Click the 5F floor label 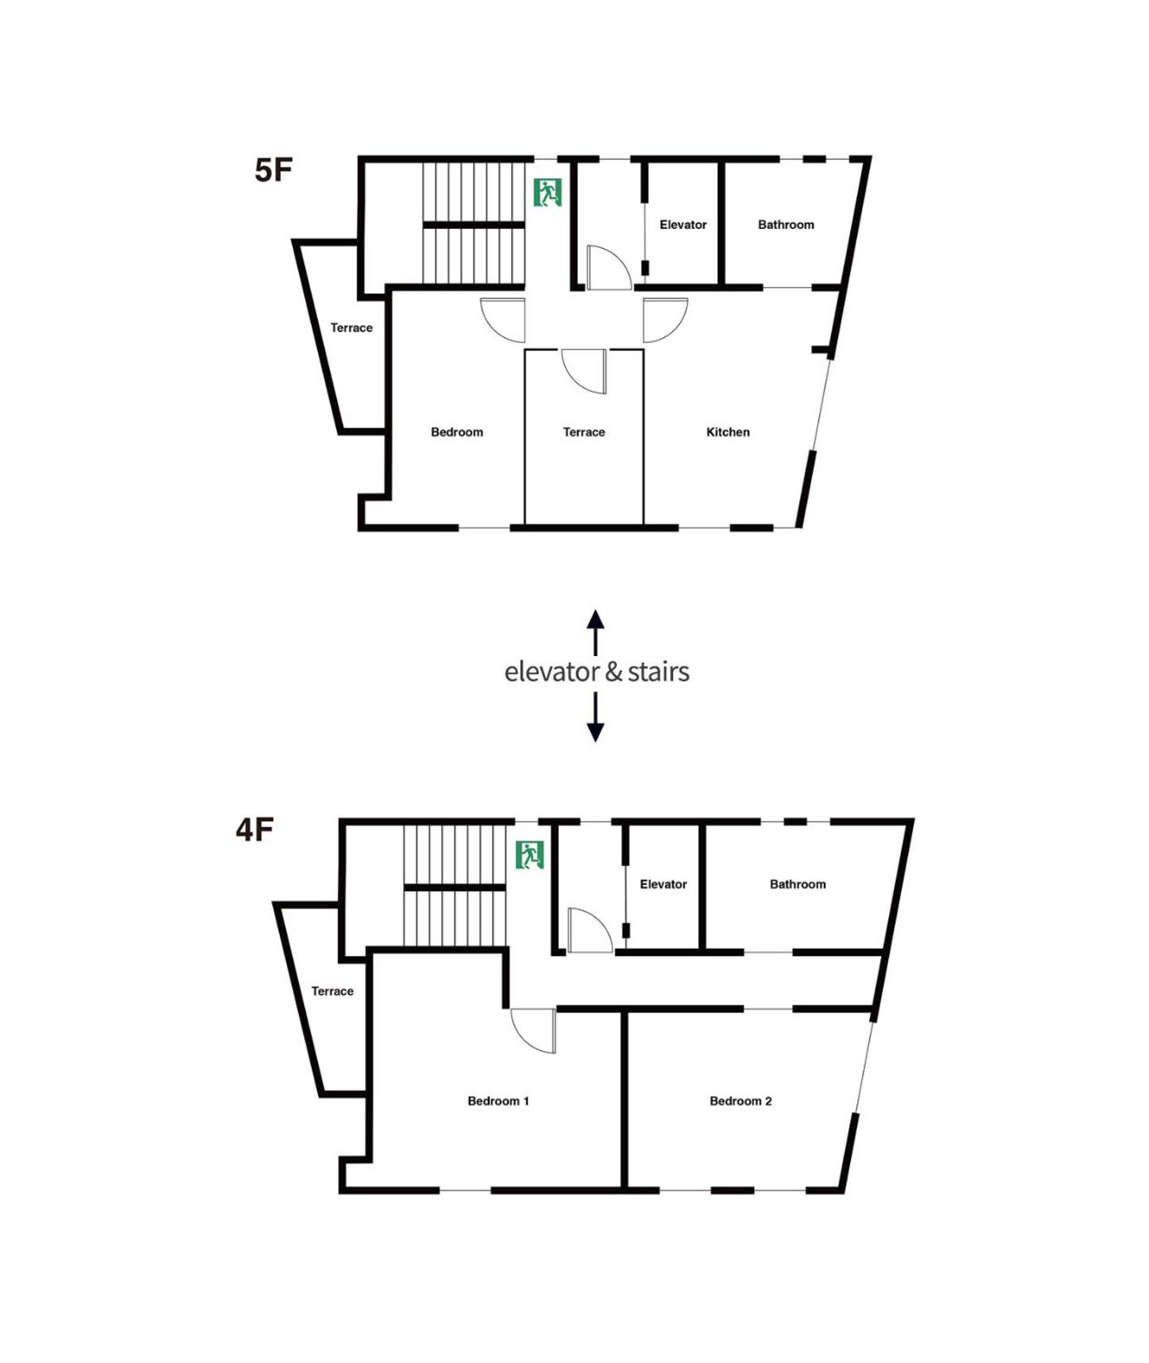274,170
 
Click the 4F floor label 254,829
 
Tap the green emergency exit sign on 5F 548,192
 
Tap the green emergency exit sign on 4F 530,855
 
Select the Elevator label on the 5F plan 683,225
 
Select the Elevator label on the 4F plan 663,884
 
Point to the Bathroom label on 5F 786,225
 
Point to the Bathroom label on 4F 798,884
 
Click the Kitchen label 728,432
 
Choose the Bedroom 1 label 498,1101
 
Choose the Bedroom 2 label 740,1101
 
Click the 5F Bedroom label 456,432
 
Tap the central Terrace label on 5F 584,432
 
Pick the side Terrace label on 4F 332,991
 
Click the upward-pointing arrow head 596,619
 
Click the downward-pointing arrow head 596,732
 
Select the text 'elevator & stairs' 596,672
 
